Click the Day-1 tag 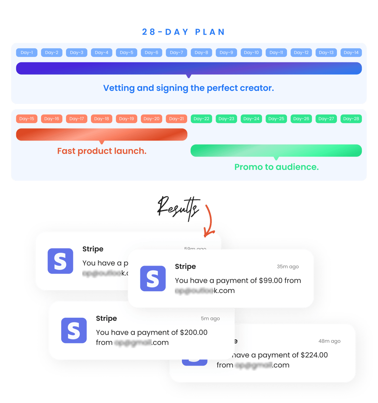[x=26, y=53]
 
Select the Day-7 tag [x=176, y=53]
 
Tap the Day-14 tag [x=351, y=53]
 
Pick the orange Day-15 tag [x=26, y=119]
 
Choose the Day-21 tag [x=176, y=119]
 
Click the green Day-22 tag [x=201, y=119]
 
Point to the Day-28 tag [x=351, y=119]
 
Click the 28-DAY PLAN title [x=183, y=32]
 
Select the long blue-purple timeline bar [x=189, y=68]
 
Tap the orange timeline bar [x=101, y=134]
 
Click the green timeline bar [x=276, y=150]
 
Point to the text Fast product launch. [x=102, y=151]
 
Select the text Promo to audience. [x=276, y=167]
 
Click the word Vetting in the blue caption [x=119, y=88]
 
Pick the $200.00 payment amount [x=194, y=333]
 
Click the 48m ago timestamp [x=329, y=341]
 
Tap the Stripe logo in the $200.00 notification [x=74, y=330]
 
